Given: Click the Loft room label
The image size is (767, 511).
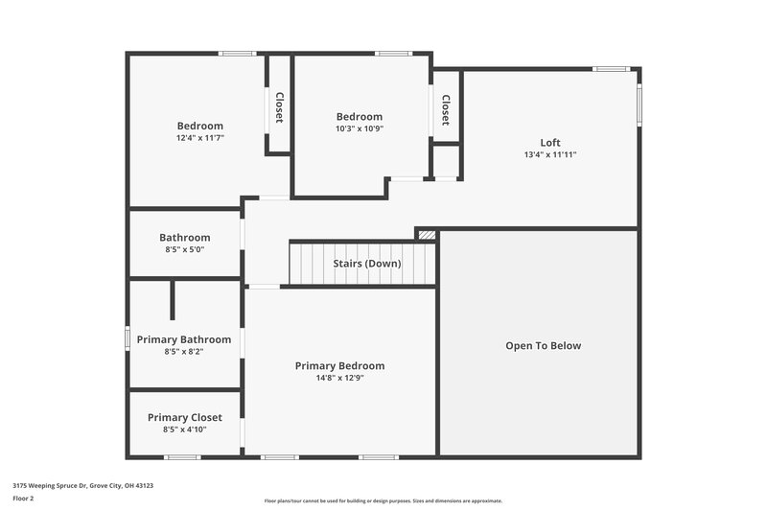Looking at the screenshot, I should coord(550,142).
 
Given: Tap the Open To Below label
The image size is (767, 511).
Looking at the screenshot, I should coord(543,346).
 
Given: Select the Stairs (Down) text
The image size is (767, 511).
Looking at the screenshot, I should coord(367,264).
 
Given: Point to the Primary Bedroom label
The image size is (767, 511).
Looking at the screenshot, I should coord(339,365).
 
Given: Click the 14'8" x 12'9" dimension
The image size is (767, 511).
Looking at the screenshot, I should coord(339,378).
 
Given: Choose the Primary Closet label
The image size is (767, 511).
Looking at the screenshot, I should coord(184,417).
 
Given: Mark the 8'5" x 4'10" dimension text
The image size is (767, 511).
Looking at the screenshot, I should coord(184,430).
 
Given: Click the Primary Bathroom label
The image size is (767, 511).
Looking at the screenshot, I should coord(183,339).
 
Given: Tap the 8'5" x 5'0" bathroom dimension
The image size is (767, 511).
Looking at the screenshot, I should coord(184,249).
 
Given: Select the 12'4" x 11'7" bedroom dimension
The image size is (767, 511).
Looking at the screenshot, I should coord(199,138).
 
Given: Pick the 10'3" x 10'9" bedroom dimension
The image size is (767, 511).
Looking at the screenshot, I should coord(359,129).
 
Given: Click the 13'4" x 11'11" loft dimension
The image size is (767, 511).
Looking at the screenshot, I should coord(550,154).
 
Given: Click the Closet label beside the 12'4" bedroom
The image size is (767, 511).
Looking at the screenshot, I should coord(279,107).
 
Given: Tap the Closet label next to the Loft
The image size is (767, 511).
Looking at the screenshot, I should coord(446,108).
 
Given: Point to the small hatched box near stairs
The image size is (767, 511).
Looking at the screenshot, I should coord(427,234).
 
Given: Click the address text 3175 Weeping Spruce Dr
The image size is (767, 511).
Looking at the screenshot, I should coord(82,486).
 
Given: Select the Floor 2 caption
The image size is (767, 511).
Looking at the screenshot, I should coord(23,499).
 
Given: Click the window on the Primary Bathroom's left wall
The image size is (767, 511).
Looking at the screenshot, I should coord(128,338).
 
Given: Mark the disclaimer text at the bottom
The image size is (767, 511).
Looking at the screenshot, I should coord(383,500).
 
